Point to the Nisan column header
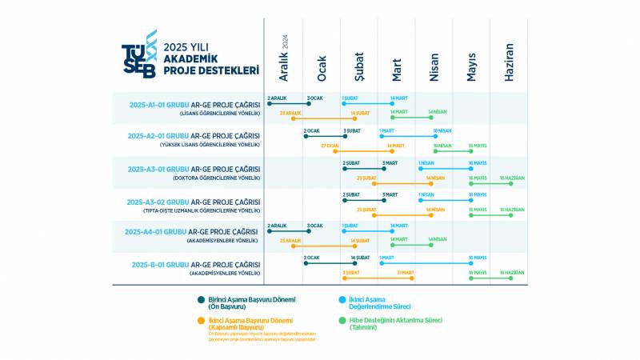[x=434, y=66]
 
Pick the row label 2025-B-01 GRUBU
[x=159, y=264]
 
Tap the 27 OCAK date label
[x=330, y=146]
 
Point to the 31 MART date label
[x=406, y=273]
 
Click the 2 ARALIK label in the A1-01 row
[x=277, y=98]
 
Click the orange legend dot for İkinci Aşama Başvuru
[x=201, y=321]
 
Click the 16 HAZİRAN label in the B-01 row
[x=512, y=273]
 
